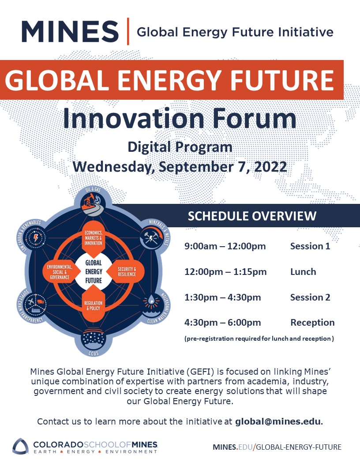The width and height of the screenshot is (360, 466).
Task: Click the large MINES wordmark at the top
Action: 70,31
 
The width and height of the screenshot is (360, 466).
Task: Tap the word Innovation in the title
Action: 133,118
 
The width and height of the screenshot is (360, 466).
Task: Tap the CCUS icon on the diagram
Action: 93,339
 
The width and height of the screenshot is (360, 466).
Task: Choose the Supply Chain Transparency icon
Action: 36,304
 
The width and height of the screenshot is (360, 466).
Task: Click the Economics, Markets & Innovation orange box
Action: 93,238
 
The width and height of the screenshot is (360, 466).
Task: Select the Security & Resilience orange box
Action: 126,272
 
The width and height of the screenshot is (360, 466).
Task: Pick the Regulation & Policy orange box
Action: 93,305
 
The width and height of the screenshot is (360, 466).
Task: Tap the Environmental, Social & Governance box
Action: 60,272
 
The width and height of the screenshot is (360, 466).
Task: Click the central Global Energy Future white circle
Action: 94,272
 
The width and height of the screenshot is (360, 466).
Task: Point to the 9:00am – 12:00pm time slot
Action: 225,246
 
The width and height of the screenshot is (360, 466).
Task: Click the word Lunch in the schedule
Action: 303,272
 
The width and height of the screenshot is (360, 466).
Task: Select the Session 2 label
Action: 310,297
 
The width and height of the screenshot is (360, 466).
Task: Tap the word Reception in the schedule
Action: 312,323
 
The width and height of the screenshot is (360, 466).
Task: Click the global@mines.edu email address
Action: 278,421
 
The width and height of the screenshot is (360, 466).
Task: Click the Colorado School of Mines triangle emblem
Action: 20,447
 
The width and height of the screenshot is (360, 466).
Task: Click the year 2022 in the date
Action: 270,166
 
